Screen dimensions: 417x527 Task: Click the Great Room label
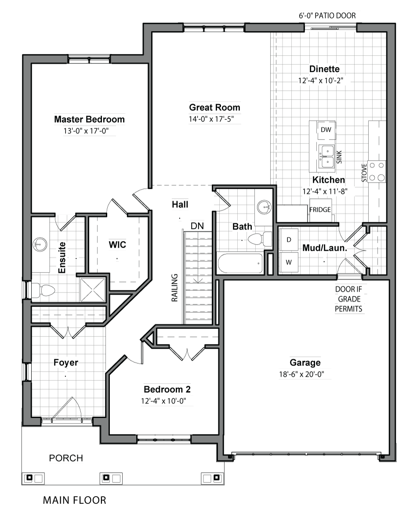[214, 108]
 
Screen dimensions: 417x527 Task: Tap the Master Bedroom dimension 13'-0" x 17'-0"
[86, 131]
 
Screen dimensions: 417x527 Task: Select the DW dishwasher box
[326, 130]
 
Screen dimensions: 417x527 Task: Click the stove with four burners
[377, 171]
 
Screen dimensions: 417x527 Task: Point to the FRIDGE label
[320, 209]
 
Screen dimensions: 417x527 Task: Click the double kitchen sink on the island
[327, 156]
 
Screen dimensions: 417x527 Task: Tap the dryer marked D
[289, 240]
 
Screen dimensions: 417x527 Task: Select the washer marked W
[289, 262]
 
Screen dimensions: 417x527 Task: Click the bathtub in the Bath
[240, 263]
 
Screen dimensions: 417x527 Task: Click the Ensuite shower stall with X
[93, 290]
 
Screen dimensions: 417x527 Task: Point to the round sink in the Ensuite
[40, 245]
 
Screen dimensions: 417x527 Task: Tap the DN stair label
[197, 226]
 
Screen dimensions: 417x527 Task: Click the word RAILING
[174, 288]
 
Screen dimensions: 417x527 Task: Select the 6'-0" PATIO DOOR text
[327, 16]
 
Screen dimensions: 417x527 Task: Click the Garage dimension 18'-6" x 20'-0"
[301, 375]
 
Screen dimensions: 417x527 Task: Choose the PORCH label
[66, 458]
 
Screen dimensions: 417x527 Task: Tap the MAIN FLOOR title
[75, 500]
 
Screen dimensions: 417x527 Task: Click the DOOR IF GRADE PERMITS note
[348, 299]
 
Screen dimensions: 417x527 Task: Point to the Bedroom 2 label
[167, 390]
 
